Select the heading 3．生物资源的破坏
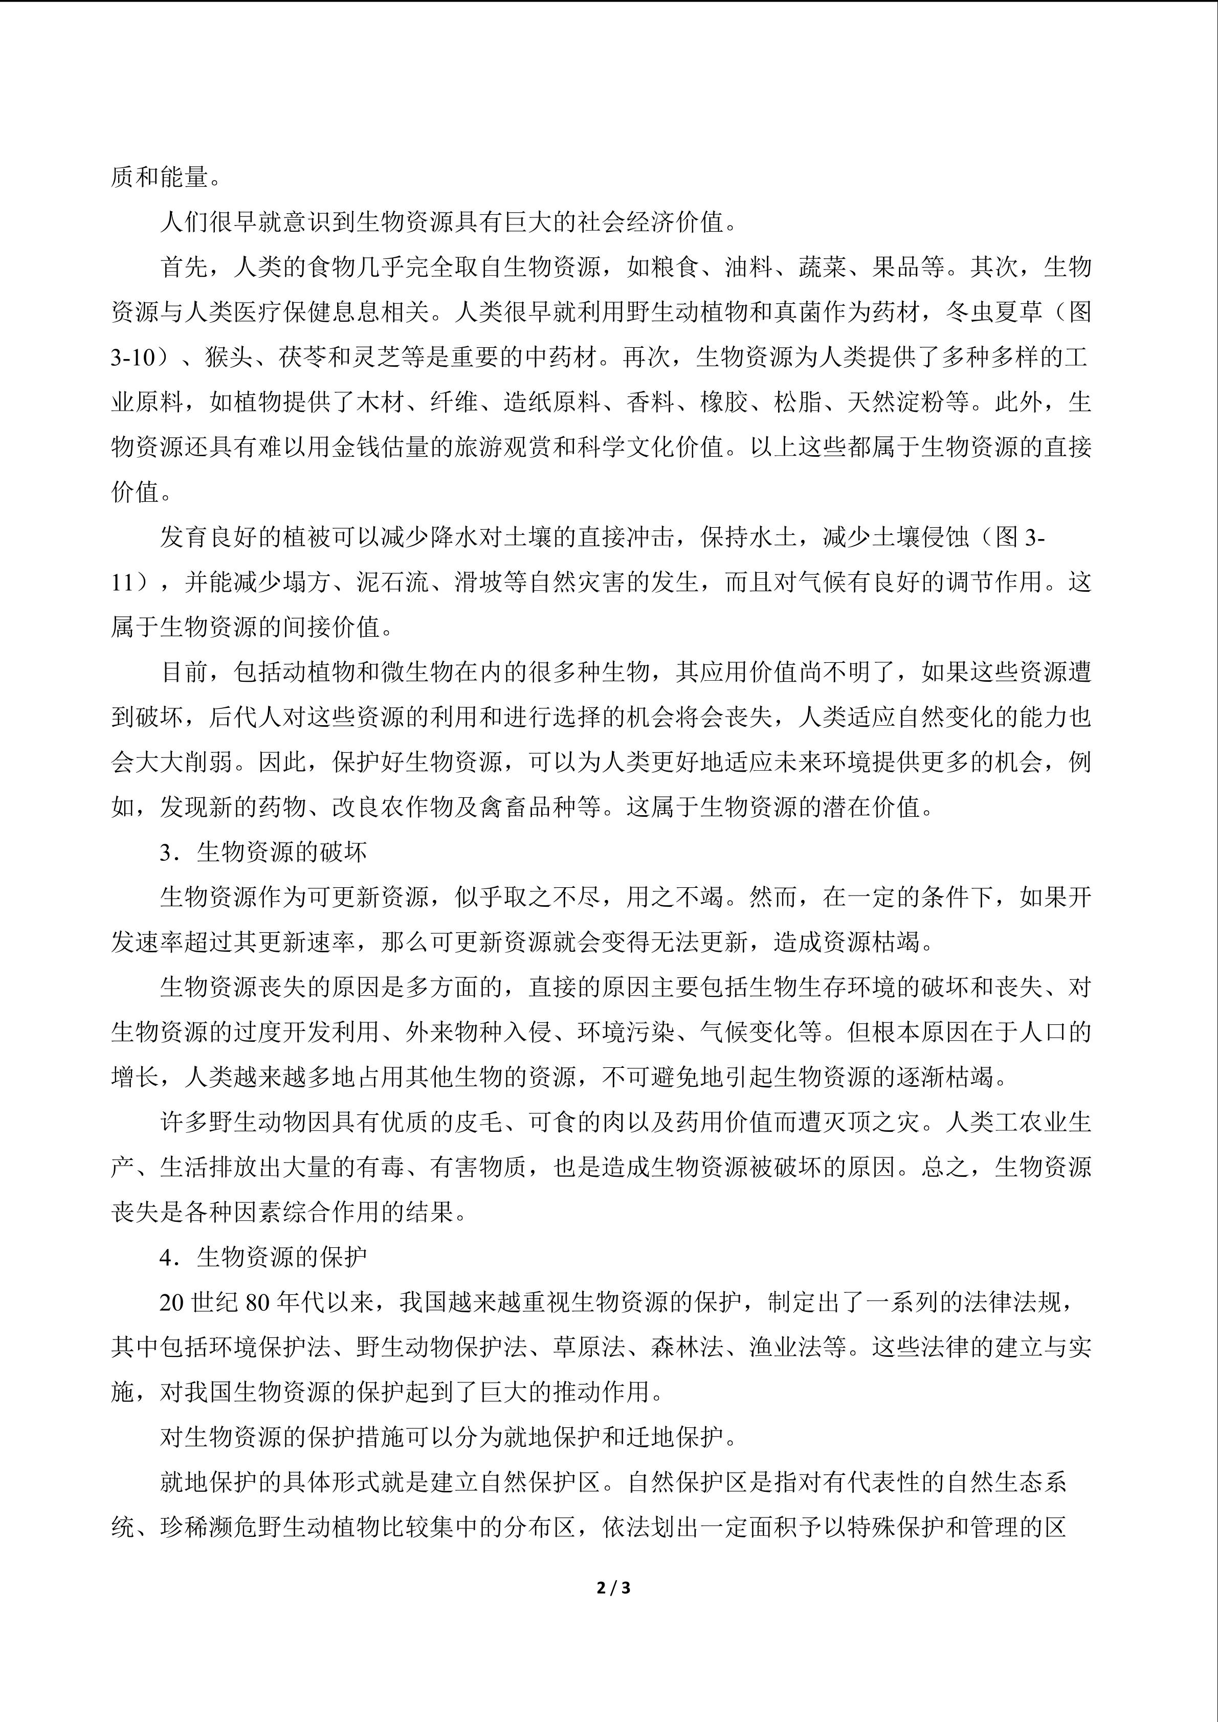(x=262, y=852)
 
